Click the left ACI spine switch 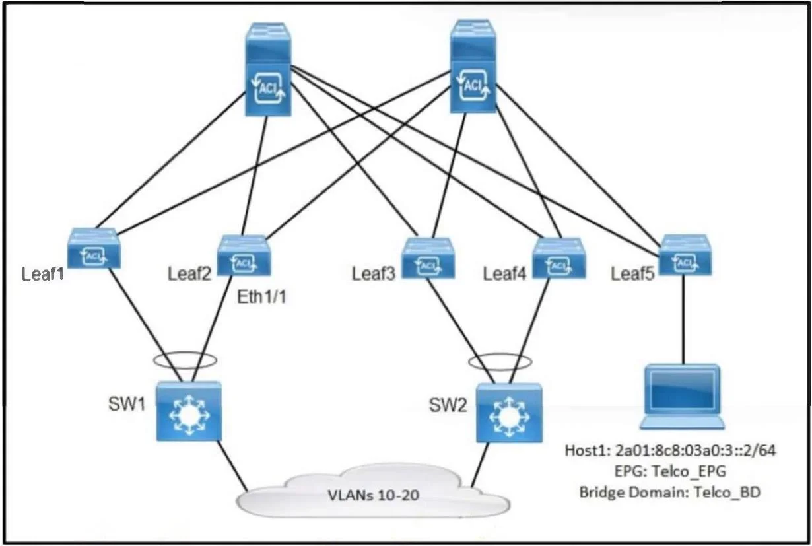point(268,69)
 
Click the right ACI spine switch point(473,66)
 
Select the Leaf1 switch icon point(94,248)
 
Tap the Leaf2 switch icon point(244,256)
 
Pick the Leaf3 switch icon point(428,258)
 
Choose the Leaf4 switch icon point(559,258)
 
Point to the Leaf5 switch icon point(685,255)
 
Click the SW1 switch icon point(189,411)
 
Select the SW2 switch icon point(509,413)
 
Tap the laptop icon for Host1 point(682,397)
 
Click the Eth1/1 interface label point(261,297)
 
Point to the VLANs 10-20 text point(374,495)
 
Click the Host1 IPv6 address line point(670,451)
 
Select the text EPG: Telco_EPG point(670,471)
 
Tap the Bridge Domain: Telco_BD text point(670,493)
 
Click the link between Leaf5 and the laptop point(684,320)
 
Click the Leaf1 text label point(42,274)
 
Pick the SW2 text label point(448,405)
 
